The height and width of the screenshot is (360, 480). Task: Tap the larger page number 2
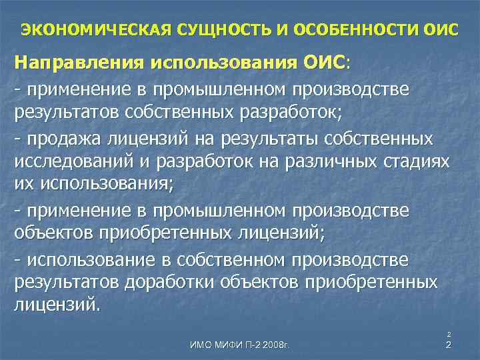(449, 345)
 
